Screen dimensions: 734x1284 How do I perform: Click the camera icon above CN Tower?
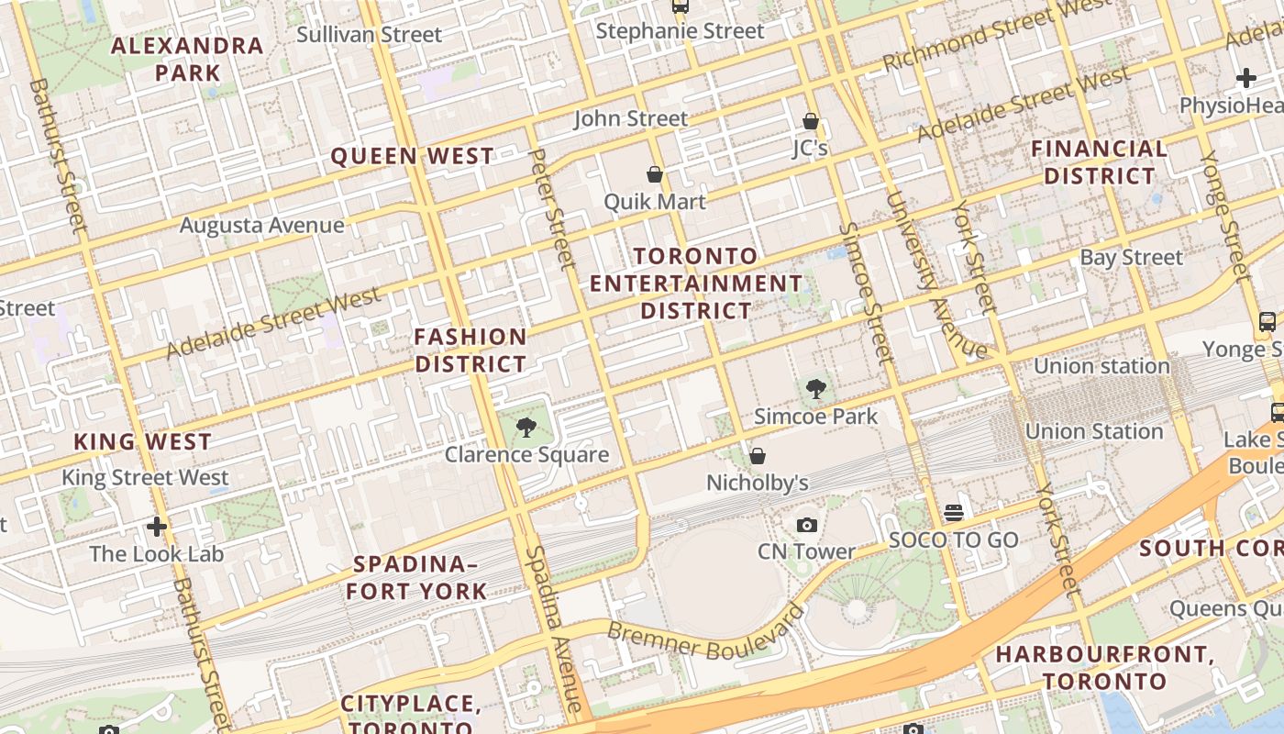coord(807,525)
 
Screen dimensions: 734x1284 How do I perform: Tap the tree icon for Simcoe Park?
coord(815,389)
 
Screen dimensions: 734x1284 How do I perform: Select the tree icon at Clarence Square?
coord(526,427)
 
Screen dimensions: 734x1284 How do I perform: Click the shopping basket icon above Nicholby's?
coord(758,455)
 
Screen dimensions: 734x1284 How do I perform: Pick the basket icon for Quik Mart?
coord(655,174)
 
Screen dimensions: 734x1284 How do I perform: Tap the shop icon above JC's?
coord(810,121)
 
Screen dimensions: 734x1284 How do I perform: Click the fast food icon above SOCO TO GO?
coord(954,512)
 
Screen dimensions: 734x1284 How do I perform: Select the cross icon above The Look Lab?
coord(157,527)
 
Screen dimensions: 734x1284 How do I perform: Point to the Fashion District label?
coord(470,350)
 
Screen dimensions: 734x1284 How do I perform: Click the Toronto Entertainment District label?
coord(696,284)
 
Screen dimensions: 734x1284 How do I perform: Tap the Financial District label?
coord(1100,162)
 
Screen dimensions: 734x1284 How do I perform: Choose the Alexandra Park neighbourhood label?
coord(187,59)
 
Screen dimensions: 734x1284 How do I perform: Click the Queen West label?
coord(412,157)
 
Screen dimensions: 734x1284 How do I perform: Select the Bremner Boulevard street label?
coord(705,636)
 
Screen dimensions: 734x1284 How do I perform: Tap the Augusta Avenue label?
coord(262,225)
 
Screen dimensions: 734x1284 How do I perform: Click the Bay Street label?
coord(1131,258)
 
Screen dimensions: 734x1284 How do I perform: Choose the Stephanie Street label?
coord(680,31)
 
